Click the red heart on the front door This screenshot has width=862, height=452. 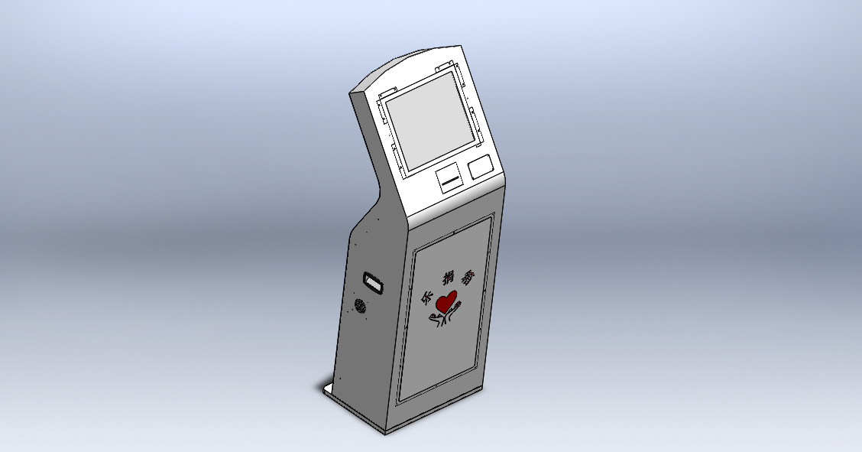pos(446,301)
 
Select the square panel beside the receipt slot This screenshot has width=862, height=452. pos(480,166)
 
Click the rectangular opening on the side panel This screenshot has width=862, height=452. pos(372,281)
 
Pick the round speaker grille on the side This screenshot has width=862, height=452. pos(359,307)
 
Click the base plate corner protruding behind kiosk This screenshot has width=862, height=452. pos(324,389)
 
